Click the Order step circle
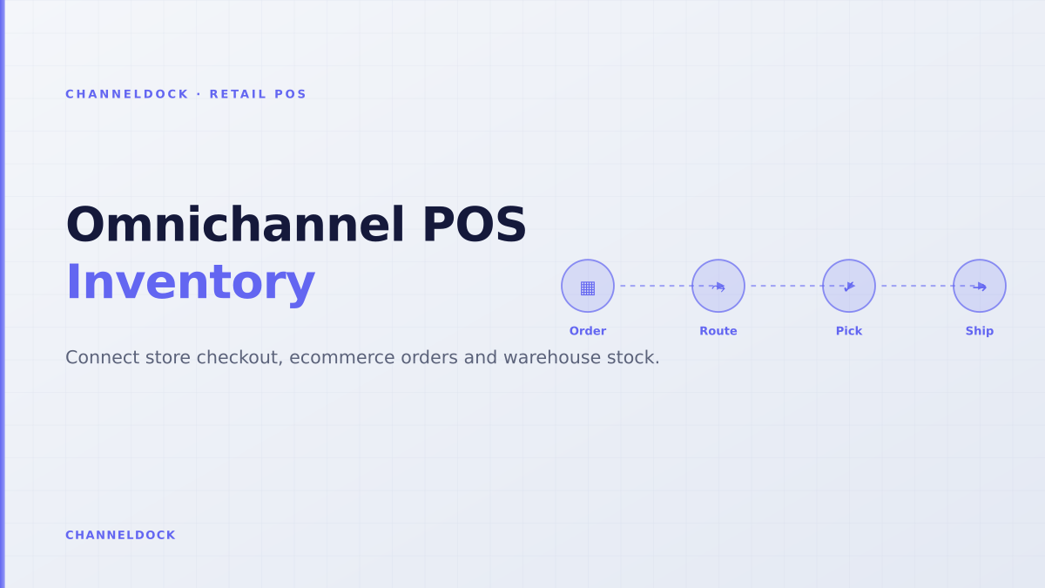coord(587,286)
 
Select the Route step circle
coord(718,286)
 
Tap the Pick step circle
coord(848,286)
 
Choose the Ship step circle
coord(979,286)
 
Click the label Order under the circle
coord(587,331)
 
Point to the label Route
coord(718,331)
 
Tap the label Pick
coord(848,331)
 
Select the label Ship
coord(979,331)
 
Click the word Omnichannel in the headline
coord(235,225)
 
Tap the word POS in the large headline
coord(475,225)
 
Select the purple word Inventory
coord(191,283)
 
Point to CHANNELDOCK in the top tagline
coord(127,94)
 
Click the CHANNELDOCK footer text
coord(120,535)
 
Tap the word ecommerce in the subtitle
coord(341,357)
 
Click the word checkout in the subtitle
coord(239,357)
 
